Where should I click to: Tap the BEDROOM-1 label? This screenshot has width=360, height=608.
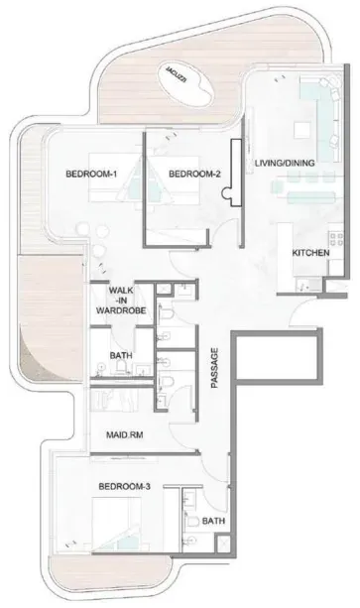(x=91, y=174)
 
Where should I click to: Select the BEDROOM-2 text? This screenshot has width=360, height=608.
(x=194, y=175)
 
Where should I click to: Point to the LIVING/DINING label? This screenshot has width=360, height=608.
(x=285, y=163)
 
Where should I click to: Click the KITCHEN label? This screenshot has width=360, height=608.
(x=310, y=253)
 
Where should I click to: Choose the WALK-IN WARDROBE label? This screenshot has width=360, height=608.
(x=121, y=301)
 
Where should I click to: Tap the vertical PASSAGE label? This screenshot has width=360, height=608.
(x=214, y=368)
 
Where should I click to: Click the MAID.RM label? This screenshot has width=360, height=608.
(x=124, y=435)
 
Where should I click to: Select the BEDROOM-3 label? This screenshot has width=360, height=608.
(x=124, y=486)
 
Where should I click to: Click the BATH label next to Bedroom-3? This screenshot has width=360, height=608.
(x=213, y=521)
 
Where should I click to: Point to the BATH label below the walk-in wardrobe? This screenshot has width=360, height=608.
(x=121, y=355)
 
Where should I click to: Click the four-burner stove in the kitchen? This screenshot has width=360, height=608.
(x=336, y=239)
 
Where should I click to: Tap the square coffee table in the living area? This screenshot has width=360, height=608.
(x=302, y=130)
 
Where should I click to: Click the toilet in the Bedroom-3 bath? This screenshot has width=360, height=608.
(x=191, y=520)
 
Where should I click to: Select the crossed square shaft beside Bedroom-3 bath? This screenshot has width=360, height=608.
(x=223, y=544)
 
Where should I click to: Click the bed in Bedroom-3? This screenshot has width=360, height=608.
(x=116, y=524)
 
